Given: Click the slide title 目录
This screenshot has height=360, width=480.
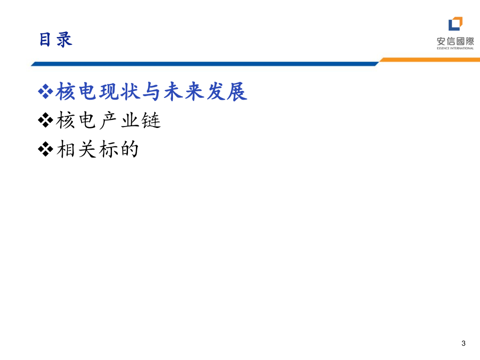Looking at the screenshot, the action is point(56,40).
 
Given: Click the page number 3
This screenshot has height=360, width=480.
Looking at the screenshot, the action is point(464,344).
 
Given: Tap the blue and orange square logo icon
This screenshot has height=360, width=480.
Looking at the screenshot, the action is point(455,24).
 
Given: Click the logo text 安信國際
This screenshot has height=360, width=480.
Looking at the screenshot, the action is point(455,41).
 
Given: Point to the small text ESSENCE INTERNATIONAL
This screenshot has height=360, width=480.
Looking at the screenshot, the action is point(455,48).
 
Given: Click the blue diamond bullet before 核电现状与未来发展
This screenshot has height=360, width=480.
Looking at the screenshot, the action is point(45,92).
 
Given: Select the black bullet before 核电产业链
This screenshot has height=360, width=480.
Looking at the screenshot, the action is point(45,121).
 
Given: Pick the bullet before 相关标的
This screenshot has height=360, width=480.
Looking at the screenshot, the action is point(45,150).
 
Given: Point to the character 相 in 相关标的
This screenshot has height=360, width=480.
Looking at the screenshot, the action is point(66,150).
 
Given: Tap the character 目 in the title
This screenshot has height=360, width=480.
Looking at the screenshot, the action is point(45,40).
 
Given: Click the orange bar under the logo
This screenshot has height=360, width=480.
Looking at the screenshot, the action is point(429,60).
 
